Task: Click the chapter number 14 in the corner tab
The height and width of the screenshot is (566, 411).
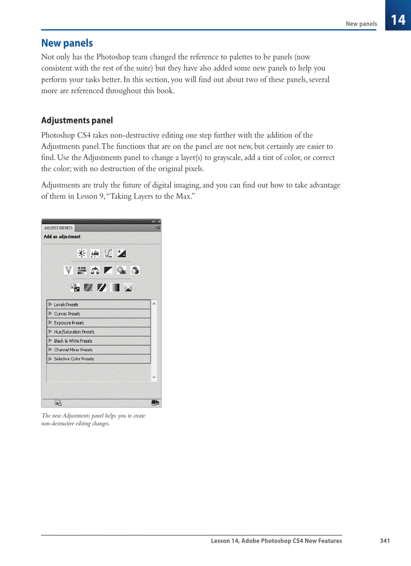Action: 398,20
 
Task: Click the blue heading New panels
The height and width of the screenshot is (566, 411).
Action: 67,43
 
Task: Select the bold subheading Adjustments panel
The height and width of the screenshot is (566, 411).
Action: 77,120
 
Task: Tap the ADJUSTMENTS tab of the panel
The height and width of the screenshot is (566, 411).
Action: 58,228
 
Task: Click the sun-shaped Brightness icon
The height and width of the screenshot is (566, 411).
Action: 82,253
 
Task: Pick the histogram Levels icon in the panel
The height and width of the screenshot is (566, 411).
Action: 95,253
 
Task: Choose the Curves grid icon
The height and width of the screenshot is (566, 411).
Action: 108,253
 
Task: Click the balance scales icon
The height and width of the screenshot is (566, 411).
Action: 95,271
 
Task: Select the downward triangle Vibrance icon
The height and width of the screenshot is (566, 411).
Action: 69,271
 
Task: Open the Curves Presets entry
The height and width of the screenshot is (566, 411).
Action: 67,313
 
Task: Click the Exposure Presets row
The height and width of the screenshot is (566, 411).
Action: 68,323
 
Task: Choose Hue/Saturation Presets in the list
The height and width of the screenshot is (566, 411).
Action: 74,332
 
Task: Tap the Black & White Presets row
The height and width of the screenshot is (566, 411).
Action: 73,341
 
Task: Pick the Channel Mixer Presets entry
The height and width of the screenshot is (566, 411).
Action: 73,350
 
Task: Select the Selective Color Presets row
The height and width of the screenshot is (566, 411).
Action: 74,359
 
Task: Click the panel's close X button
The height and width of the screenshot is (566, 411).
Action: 159,222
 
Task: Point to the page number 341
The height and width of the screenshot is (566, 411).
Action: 385,541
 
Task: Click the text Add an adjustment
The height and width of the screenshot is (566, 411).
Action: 62,236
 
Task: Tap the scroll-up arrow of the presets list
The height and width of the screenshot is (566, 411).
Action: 154,303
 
